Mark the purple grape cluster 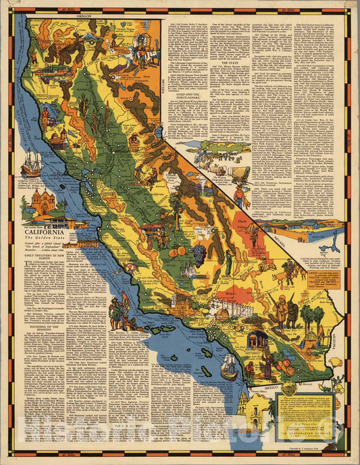[x=199, y=254]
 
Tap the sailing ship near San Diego [x=230, y=365]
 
